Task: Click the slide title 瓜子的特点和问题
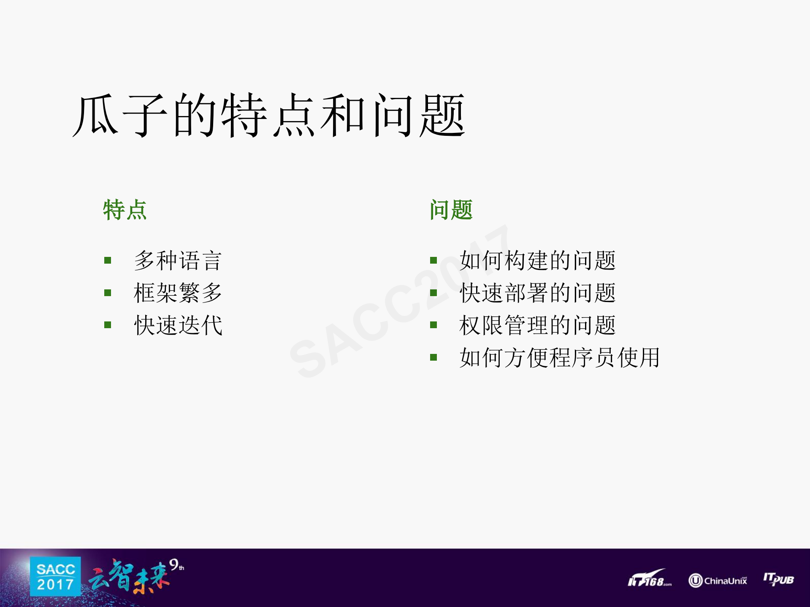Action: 269,115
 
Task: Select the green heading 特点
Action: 125,210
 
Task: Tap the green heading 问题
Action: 451,210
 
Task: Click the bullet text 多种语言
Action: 178,260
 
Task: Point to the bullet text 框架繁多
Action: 178,293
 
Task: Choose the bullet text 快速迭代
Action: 178,325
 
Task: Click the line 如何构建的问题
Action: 537,260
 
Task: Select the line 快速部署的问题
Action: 537,293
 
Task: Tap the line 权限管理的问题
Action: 537,325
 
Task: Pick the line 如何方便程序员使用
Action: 559,358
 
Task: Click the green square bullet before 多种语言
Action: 108,261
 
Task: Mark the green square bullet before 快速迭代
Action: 108,325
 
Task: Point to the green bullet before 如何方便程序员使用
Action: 433,358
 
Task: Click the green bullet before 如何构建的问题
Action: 433,261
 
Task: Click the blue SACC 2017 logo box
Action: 55,576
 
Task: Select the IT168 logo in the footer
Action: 649,580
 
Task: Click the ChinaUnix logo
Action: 718,580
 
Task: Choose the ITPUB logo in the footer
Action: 778,579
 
